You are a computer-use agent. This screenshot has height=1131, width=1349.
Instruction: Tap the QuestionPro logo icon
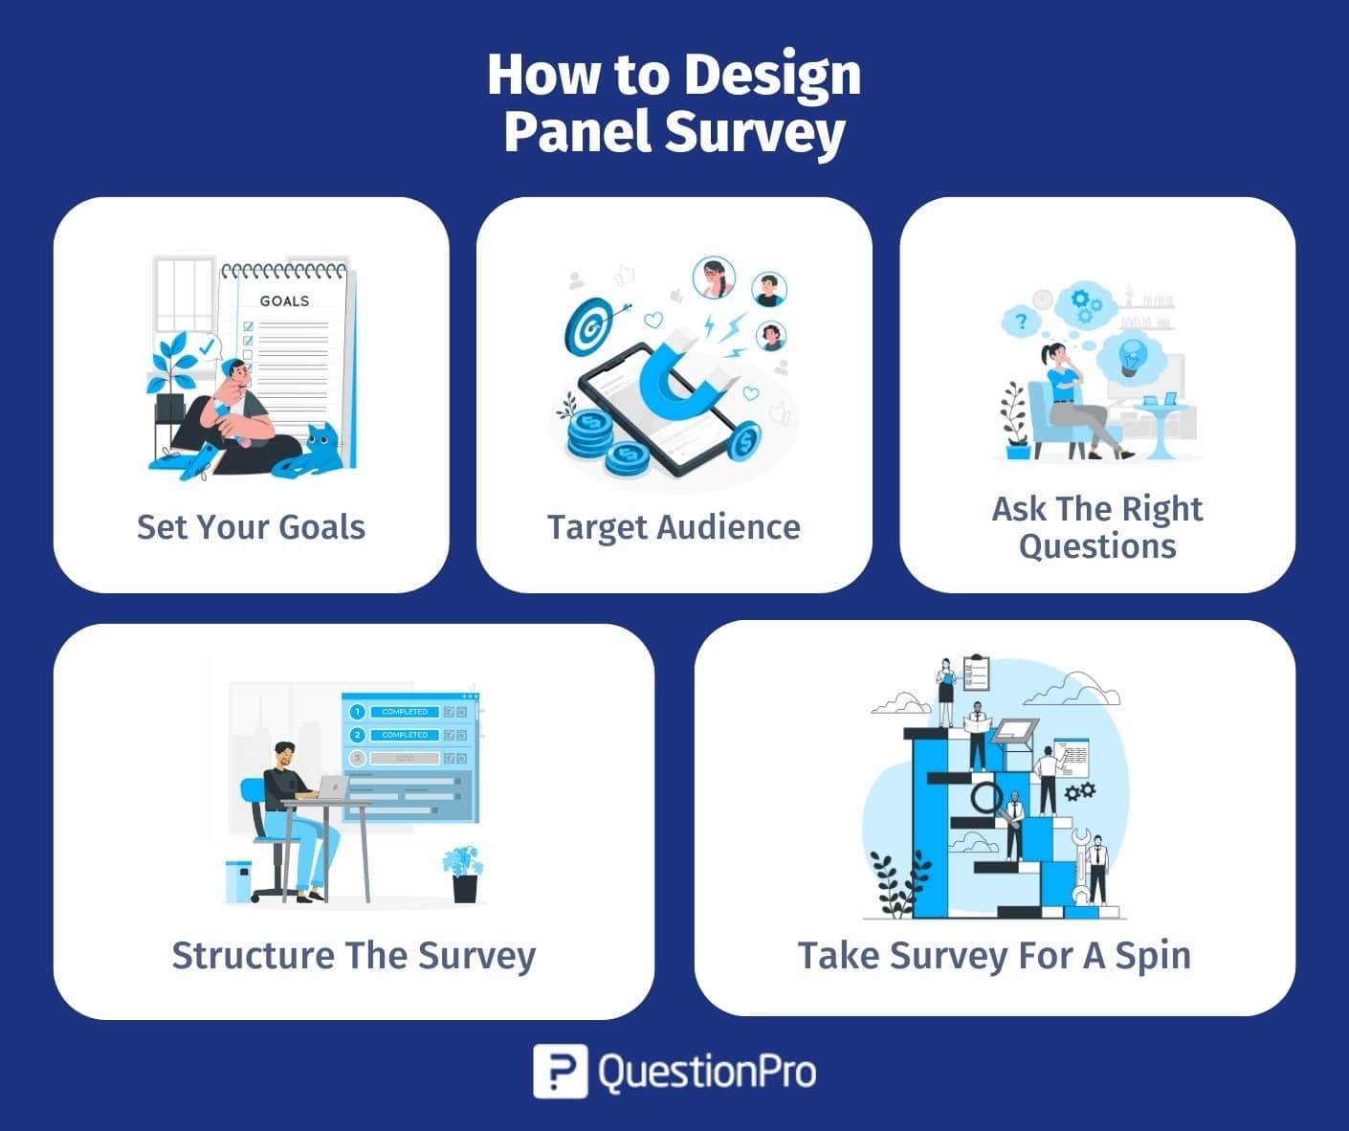560,1071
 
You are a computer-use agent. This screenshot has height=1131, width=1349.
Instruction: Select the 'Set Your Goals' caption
251,527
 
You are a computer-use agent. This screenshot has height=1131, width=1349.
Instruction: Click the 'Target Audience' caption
674,527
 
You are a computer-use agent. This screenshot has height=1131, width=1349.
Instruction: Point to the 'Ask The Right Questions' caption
1097,527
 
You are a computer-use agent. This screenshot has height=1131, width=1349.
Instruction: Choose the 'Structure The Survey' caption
353,955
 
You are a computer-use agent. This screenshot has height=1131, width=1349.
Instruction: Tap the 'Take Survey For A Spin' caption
994,955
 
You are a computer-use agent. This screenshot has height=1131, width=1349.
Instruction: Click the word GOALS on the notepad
284,300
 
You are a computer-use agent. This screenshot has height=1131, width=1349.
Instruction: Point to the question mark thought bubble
1021,322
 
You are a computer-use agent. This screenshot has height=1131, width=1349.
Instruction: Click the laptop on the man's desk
331,788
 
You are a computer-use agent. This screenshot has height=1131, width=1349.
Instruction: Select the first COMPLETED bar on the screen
405,712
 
